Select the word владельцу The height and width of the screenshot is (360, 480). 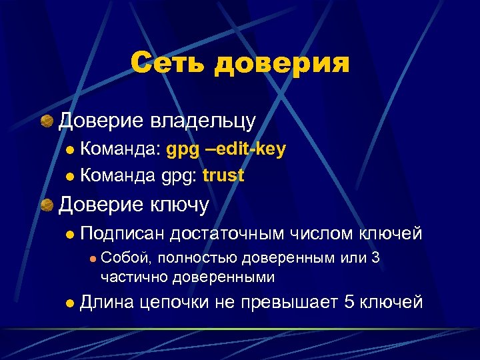point(203,121)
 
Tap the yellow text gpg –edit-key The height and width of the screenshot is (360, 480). point(226,149)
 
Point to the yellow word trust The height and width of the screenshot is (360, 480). point(223,176)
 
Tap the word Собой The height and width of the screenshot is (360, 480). point(121,259)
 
